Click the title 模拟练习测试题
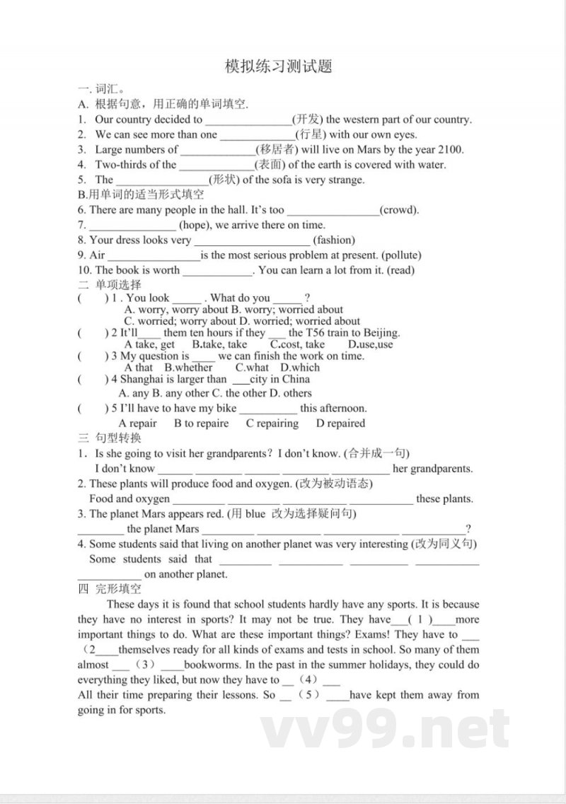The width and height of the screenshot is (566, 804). click(278, 67)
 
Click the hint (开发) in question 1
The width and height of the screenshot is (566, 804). click(307, 120)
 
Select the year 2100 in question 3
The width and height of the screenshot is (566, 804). click(450, 149)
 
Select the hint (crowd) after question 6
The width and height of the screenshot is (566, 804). click(399, 210)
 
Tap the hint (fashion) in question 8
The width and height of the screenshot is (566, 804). click(334, 240)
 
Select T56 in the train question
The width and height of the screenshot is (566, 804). click(318, 332)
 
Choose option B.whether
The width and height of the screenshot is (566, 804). click(188, 368)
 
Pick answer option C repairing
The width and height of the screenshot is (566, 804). click(272, 424)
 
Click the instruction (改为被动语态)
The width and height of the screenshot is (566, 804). click(337, 484)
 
